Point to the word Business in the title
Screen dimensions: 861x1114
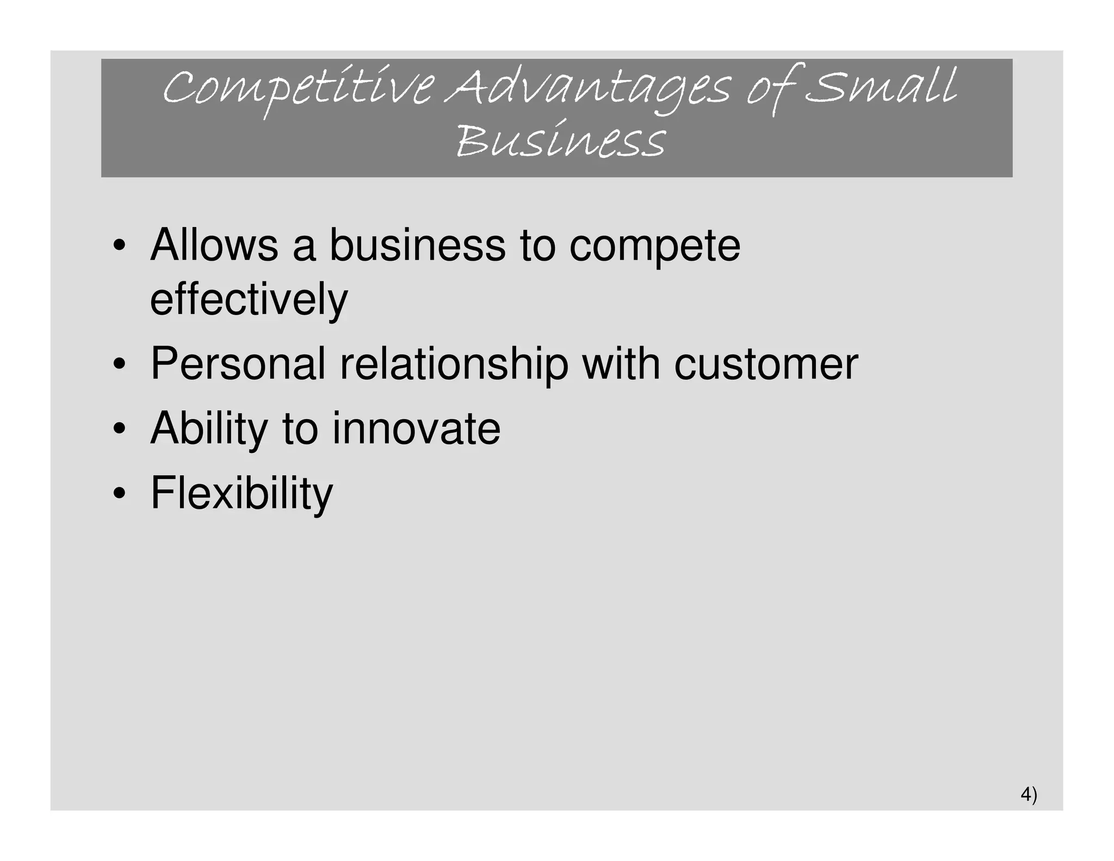(x=560, y=140)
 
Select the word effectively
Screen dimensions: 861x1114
(x=249, y=299)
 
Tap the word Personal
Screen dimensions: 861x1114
(x=238, y=364)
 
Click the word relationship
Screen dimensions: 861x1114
(x=454, y=365)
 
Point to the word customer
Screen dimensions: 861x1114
(x=766, y=365)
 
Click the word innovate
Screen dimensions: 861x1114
(x=416, y=429)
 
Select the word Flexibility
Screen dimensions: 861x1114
(x=242, y=494)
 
